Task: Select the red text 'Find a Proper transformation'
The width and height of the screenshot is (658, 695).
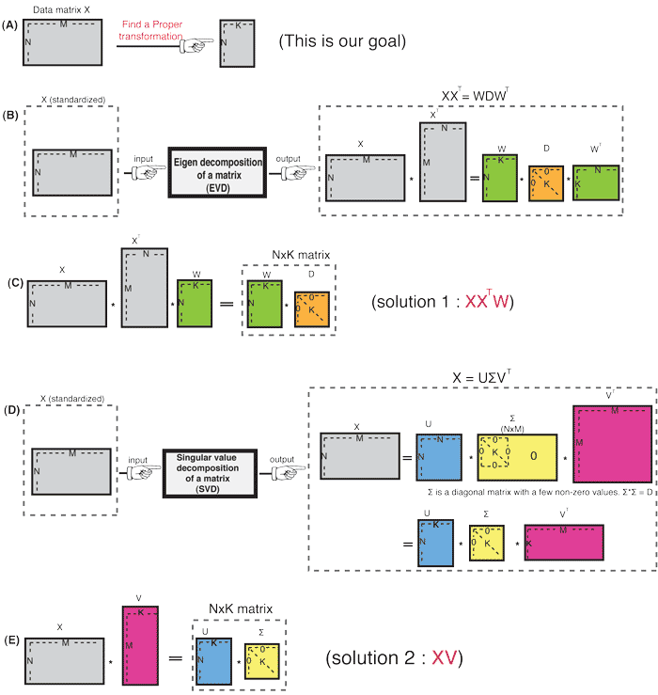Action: (159, 34)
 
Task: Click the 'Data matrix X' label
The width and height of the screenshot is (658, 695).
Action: (55, 8)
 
